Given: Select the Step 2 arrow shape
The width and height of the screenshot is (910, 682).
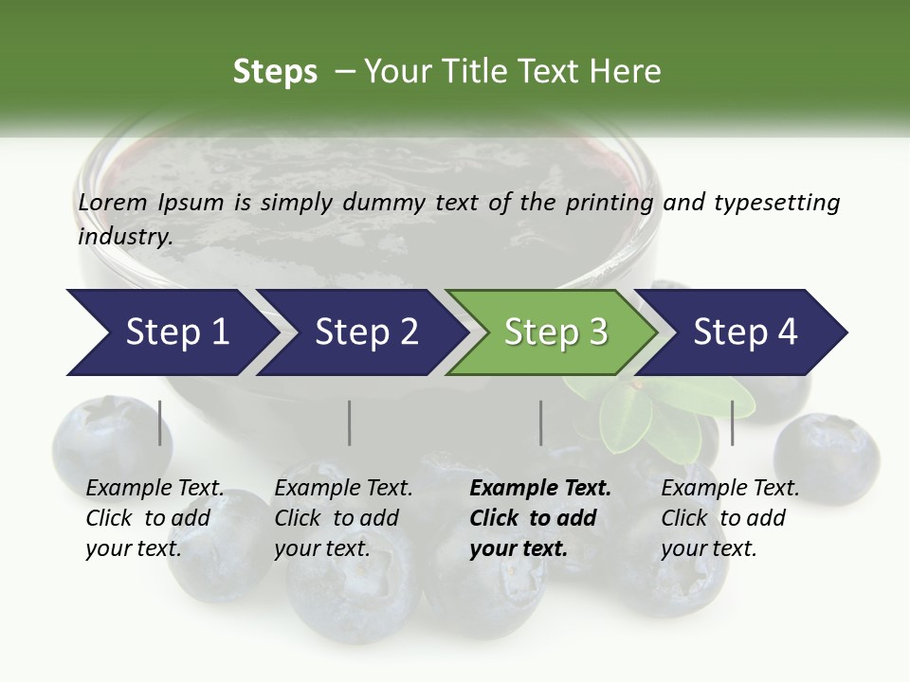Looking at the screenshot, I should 365,332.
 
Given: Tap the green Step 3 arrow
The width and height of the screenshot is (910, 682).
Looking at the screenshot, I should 555,332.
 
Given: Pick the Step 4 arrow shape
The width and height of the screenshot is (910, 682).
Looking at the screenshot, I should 744,332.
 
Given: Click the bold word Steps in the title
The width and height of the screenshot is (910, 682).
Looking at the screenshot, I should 275,72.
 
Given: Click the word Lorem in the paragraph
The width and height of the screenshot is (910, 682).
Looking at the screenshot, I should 113,203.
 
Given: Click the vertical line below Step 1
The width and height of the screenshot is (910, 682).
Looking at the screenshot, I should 159,422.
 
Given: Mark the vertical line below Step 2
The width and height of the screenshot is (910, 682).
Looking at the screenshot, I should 350,422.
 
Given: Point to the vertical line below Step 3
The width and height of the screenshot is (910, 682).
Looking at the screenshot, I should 540,422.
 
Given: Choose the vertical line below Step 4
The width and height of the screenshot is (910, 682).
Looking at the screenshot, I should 732,422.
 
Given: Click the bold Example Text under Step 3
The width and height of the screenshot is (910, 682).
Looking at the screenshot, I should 540,489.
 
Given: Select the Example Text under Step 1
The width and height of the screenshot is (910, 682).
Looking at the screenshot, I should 155,489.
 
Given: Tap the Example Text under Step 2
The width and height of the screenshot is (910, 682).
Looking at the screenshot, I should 343,489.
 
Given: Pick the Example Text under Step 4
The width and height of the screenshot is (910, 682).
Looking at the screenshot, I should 730,489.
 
